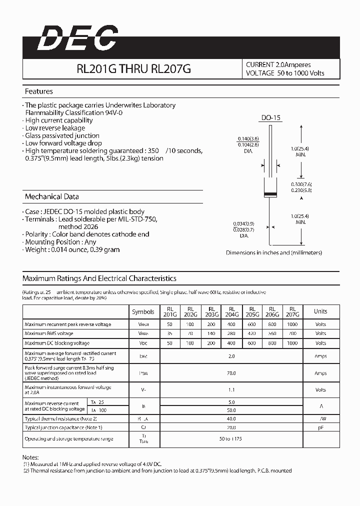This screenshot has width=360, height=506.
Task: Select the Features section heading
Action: pos(39,91)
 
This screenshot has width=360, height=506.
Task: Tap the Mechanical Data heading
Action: pos(51,196)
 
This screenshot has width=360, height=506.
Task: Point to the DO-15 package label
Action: pos(271,118)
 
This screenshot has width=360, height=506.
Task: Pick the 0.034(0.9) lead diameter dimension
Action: pos(243,223)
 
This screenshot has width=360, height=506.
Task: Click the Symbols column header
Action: pos(143,311)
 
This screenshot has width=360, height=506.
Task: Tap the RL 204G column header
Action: pos(231,311)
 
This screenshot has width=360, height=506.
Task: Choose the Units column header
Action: pos(320,311)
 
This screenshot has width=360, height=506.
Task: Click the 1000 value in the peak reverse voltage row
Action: pos(292,324)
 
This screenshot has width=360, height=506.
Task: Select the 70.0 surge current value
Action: pos(231,373)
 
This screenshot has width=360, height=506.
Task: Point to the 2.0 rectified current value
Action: pos(231,356)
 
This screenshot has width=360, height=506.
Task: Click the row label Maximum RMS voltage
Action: pos(49,333)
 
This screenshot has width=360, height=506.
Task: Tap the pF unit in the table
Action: pos(320,427)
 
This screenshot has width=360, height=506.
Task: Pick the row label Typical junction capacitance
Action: pos(63,427)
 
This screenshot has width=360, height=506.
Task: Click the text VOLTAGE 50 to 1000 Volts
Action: pos(285,73)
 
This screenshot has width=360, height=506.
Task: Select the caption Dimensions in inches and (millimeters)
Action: pos(274,252)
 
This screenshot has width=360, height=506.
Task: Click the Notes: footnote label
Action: pos(30,457)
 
